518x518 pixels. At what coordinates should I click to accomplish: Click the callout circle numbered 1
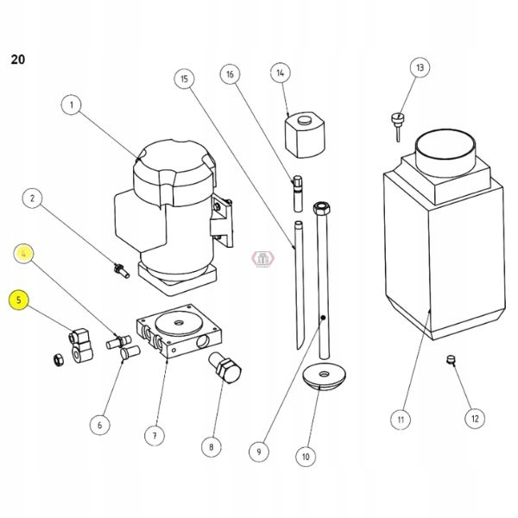(x=72, y=105)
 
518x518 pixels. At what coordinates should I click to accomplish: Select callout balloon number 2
(x=33, y=199)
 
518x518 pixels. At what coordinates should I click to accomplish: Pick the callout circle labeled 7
(x=155, y=436)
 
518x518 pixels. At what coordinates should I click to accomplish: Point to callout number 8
(x=211, y=446)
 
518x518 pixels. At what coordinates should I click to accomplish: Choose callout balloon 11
(x=400, y=420)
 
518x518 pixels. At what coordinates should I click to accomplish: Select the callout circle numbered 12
(x=473, y=419)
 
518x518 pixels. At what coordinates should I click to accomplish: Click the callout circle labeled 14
(x=281, y=74)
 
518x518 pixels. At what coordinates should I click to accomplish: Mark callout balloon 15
(x=182, y=79)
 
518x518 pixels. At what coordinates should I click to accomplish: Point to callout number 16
(x=231, y=74)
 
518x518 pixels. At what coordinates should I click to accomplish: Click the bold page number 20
(x=17, y=60)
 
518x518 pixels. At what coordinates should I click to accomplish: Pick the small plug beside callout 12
(x=450, y=360)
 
